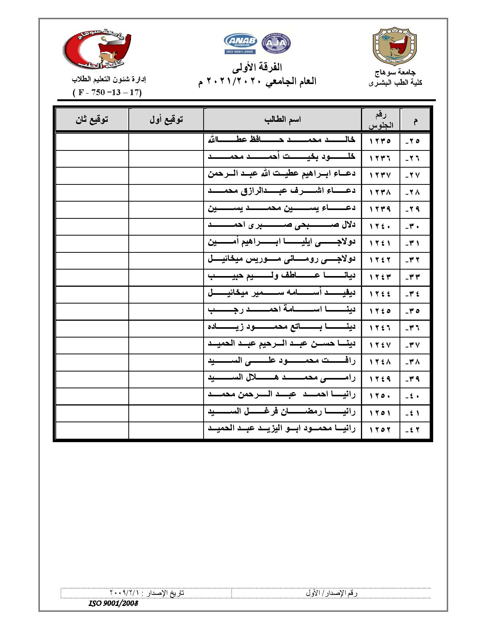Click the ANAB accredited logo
240,44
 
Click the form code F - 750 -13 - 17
107,92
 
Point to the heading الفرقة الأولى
257,68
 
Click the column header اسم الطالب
282,120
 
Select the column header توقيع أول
166,120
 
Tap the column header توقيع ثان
92,120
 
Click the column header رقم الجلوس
380,120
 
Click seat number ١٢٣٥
380,141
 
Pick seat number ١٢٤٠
380,226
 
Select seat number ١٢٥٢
380,430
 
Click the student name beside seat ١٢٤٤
282,294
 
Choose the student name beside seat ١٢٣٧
282,174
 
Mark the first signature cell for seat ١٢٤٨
166,362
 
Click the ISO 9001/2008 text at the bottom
113,603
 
